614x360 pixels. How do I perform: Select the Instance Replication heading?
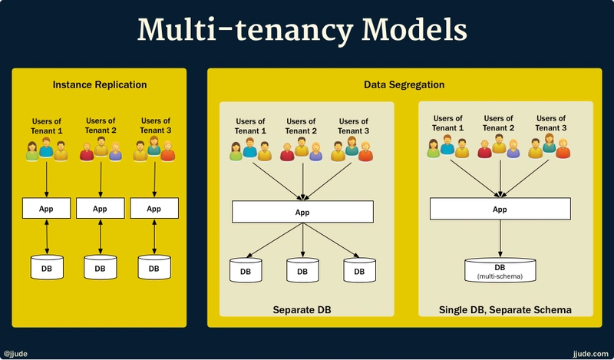tap(100, 84)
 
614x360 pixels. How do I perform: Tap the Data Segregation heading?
tap(404, 84)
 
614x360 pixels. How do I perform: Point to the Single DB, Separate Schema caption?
tap(506, 310)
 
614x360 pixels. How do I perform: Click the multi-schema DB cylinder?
tap(500, 269)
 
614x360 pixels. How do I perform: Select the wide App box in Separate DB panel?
tap(302, 212)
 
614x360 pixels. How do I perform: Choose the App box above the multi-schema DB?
tap(500, 209)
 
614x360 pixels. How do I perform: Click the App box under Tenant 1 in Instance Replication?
tap(48, 208)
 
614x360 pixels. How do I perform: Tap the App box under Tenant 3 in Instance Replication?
tap(153, 208)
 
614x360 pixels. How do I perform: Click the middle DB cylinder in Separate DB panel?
tap(302, 271)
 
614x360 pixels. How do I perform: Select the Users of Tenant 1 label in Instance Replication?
tap(48, 125)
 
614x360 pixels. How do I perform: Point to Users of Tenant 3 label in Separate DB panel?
tap(354, 126)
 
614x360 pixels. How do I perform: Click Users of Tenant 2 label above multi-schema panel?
tap(499, 123)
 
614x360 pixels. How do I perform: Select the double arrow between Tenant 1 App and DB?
tap(48, 236)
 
